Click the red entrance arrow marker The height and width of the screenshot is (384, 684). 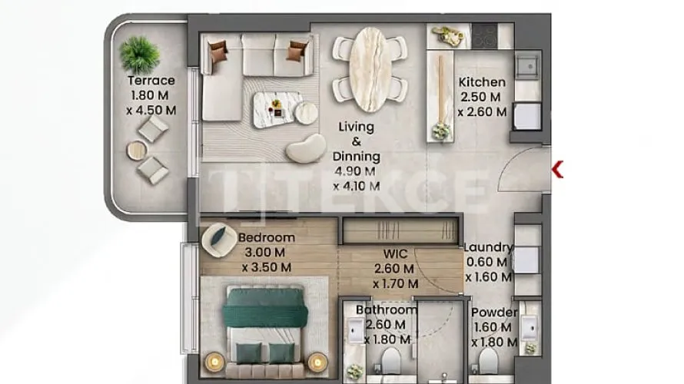557,169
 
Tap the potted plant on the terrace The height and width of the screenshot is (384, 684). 140,55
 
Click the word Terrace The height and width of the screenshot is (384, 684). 151,81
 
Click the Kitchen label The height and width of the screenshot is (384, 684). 482,82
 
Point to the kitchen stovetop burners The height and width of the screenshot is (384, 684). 484,36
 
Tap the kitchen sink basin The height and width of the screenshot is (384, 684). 528,67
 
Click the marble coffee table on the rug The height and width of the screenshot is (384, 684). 278,110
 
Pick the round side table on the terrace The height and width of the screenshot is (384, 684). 137,151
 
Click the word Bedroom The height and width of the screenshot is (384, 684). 267,237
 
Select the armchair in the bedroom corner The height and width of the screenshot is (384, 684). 219,240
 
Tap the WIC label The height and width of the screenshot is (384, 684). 395,253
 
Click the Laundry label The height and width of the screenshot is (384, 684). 488,247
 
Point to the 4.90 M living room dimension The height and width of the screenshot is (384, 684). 355,171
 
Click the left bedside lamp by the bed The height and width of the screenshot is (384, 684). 214,362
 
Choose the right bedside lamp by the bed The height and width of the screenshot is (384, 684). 317,362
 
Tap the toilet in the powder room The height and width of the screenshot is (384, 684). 488,361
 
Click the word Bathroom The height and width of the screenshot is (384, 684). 387,310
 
